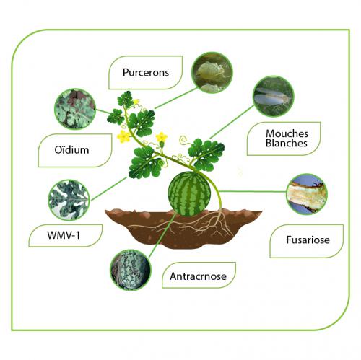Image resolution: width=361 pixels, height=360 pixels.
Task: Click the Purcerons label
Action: coord(146,72)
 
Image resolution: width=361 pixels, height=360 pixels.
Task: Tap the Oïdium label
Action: coord(71,150)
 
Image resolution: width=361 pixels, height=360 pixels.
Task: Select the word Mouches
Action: coord(287,133)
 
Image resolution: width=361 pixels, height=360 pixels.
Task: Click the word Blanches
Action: coord(287,143)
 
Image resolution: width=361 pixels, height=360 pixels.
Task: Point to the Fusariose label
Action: coord(308,240)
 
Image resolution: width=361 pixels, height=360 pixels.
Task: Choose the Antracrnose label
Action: coord(198,276)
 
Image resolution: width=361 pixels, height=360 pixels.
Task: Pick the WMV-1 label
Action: coord(64,235)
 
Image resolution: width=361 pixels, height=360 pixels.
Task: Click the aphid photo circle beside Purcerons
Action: coord(212,73)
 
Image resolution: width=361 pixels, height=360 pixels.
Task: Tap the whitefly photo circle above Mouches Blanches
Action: coord(274,96)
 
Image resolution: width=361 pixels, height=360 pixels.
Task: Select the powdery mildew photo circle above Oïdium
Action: coord(75,109)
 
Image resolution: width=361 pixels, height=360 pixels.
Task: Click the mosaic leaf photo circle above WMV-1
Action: coord(69,200)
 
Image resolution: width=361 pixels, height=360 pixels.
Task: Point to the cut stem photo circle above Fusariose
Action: coord(307,194)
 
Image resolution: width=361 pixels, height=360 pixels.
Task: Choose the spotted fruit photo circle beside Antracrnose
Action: coord(131,270)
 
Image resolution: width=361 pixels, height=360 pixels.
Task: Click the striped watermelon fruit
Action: coord(189,194)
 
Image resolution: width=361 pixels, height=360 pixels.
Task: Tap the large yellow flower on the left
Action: coord(123,136)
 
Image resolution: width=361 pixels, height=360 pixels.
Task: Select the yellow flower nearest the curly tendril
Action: coord(162,137)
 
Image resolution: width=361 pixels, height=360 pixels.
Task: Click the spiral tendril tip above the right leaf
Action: coord(183,140)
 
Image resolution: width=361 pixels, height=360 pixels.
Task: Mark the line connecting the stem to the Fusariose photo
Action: coord(253,191)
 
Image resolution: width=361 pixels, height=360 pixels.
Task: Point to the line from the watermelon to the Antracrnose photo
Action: coord(162,235)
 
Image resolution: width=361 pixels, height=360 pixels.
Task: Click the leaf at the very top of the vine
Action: coord(126,99)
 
